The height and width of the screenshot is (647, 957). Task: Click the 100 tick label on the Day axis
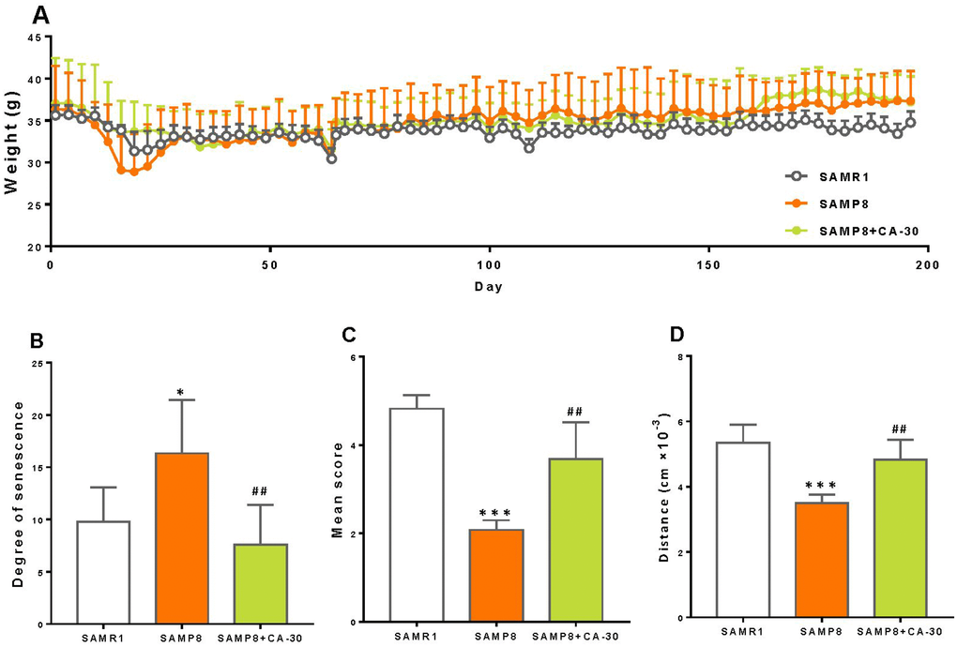pyautogui.click(x=489, y=264)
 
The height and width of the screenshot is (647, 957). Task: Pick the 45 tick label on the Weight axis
pyautogui.click(x=35, y=38)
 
